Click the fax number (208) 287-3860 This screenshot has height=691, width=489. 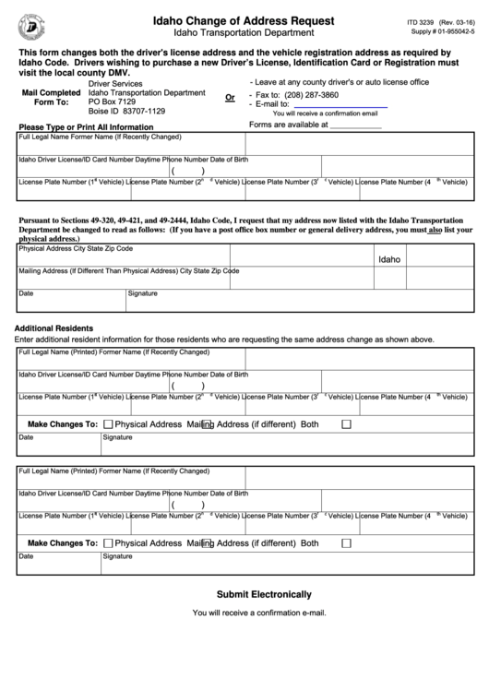(x=310, y=95)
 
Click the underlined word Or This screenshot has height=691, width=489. (x=230, y=97)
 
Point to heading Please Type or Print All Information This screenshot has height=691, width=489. (x=85, y=126)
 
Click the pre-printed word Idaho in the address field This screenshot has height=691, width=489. (x=389, y=259)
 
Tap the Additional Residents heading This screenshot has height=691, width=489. (x=54, y=328)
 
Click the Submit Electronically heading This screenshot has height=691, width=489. (x=264, y=594)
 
